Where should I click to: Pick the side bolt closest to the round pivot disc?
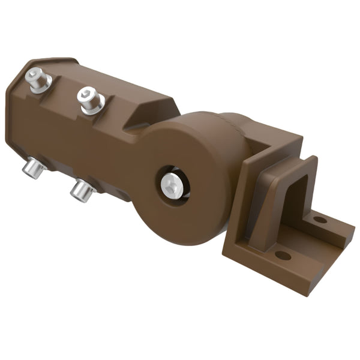click(x=82, y=191)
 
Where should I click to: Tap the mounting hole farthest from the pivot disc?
click(x=320, y=220)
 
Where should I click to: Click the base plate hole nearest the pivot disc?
click(x=282, y=256)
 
